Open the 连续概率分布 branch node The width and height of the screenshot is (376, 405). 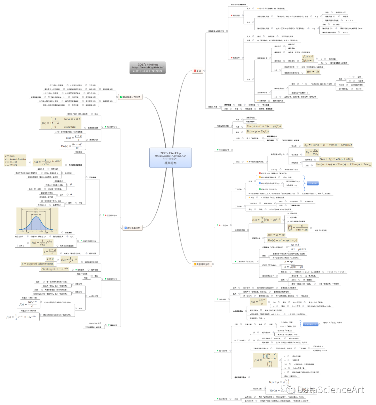133,228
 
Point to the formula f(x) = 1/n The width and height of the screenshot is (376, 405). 313,72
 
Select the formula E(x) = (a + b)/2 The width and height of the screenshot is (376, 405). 73,137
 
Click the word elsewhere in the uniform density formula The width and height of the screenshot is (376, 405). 70,127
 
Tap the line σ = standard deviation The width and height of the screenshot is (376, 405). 15,159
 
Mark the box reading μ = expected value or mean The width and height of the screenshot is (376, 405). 38,264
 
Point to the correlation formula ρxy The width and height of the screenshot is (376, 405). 312,152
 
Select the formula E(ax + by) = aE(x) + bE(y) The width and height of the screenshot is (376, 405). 336,159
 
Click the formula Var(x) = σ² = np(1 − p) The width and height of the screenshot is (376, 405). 282,240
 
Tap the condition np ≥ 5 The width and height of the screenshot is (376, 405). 295,245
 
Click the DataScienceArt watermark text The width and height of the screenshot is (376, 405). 329,389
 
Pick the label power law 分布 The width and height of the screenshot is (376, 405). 95,323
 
